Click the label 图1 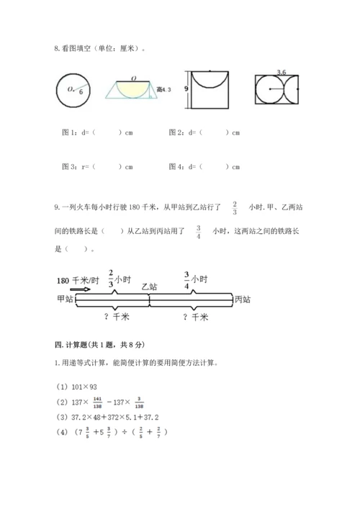pyautogui.click(x=71, y=132)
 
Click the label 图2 pyautogui.click(x=176, y=132)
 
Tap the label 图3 pyautogui.click(x=71, y=167)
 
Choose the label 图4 pyautogui.click(x=176, y=167)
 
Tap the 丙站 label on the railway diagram pyautogui.click(x=244, y=297)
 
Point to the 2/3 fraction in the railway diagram pyautogui.click(x=111, y=277)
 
